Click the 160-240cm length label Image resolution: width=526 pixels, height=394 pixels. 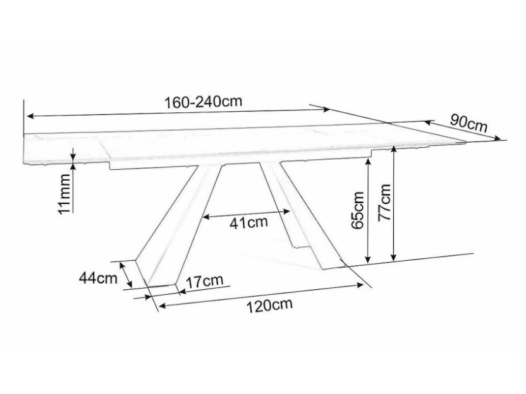click(x=203, y=102)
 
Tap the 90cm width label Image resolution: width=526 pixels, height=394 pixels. click(x=468, y=122)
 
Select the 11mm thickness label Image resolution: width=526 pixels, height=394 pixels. click(x=64, y=194)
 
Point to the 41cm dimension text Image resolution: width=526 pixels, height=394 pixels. click(x=248, y=222)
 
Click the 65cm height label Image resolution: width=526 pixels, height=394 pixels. click(x=358, y=210)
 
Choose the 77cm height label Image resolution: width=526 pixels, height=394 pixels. click(x=384, y=202)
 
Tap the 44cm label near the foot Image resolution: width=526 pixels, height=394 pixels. click(x=98, y=278)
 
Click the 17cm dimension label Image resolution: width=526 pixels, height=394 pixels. click(x=204, y=282)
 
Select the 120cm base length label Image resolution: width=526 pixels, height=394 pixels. click(x=270, y=305)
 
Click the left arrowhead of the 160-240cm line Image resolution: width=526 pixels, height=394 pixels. click(x=30, y=116)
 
